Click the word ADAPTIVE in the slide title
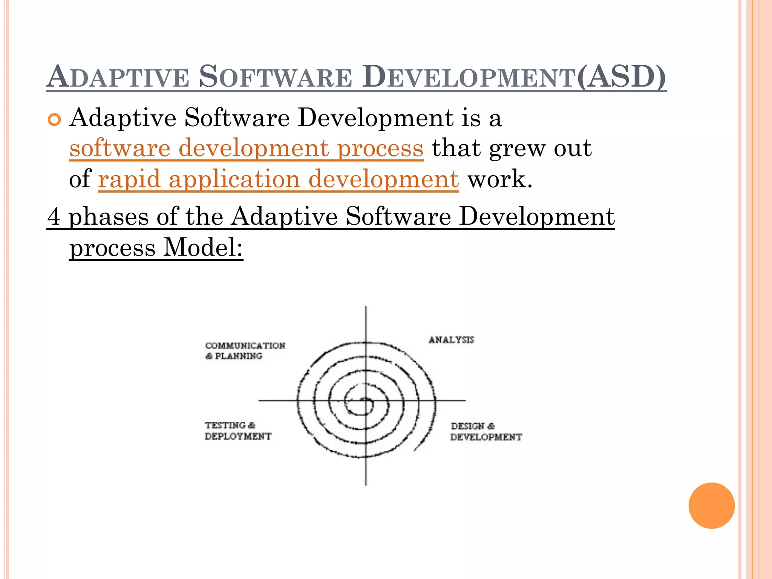pos(118,77)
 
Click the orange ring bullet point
pos(55,120)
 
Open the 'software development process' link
pos(246,148)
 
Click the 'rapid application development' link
pos(278,179)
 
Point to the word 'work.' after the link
pos(500,179)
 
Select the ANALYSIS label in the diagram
pos(451,340)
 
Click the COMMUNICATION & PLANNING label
pos(245,351)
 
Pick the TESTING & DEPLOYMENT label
pos(238,431)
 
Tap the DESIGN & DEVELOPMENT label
pos(486,432)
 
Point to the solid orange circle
pos(711,505)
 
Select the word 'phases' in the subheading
pos(109,218)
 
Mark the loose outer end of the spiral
pos(415,450)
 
